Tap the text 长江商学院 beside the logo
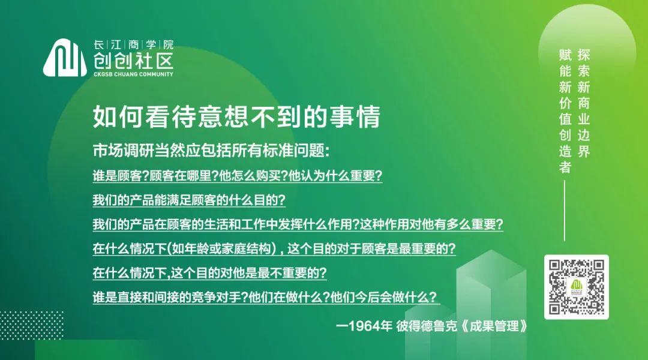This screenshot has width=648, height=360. tap(133, 44)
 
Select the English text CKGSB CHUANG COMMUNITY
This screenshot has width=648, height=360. tap(133, 74)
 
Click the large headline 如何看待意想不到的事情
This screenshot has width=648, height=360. tap(236, 116)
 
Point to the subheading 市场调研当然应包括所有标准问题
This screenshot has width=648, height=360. tap(211, 151)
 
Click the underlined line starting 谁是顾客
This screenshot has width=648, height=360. tap(238, 176)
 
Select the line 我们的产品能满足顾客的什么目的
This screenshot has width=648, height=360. tap(189, 200)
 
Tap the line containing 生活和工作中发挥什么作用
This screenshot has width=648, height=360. tap(298, 224)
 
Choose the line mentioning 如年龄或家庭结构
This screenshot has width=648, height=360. tap(274, 249)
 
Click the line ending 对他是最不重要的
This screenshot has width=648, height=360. tap(209, 273)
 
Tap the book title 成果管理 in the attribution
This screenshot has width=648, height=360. tap(494, 326)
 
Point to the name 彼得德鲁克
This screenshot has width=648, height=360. tap(427, 326)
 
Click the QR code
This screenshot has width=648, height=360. tap(577, 287)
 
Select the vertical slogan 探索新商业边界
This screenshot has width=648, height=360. tap(584, 103)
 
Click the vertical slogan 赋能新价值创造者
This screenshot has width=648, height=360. tap(565, 111)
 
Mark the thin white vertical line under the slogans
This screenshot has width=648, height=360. tap(565, 211)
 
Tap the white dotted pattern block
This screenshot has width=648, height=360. tap(32, 325)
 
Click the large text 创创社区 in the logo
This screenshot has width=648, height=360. tap(133, 61)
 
